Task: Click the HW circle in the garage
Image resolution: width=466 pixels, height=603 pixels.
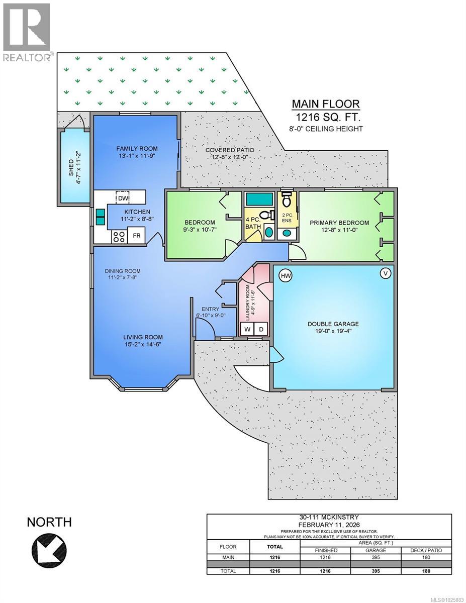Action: click(286, 275)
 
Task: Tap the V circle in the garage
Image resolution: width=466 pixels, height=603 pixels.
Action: click(386, 273)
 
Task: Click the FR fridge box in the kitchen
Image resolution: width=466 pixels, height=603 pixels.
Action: click(136, 235)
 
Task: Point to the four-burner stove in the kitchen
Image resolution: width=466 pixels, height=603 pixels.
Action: click(119, 236)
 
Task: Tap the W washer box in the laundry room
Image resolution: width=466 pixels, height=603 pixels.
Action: click(247, 330)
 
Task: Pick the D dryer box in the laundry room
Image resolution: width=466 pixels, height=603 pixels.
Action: click(261, 330)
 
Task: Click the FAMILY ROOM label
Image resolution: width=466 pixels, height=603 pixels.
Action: click(137, 148)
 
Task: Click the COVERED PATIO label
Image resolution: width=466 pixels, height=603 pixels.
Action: click(230, 150)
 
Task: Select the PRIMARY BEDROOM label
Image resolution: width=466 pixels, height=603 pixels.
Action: click(339, 223)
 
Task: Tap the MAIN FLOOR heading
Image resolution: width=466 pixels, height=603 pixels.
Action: click(326, 104)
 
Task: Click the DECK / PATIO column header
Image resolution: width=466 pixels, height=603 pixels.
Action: click(422, 550)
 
